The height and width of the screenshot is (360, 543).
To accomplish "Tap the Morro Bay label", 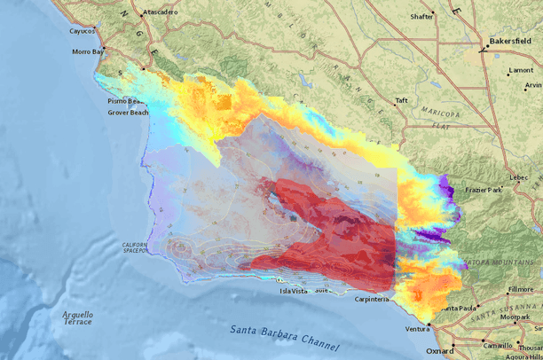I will (87, 51).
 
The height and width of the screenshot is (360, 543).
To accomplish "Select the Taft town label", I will (401, 100).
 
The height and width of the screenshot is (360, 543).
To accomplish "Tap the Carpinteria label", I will (366, 300).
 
